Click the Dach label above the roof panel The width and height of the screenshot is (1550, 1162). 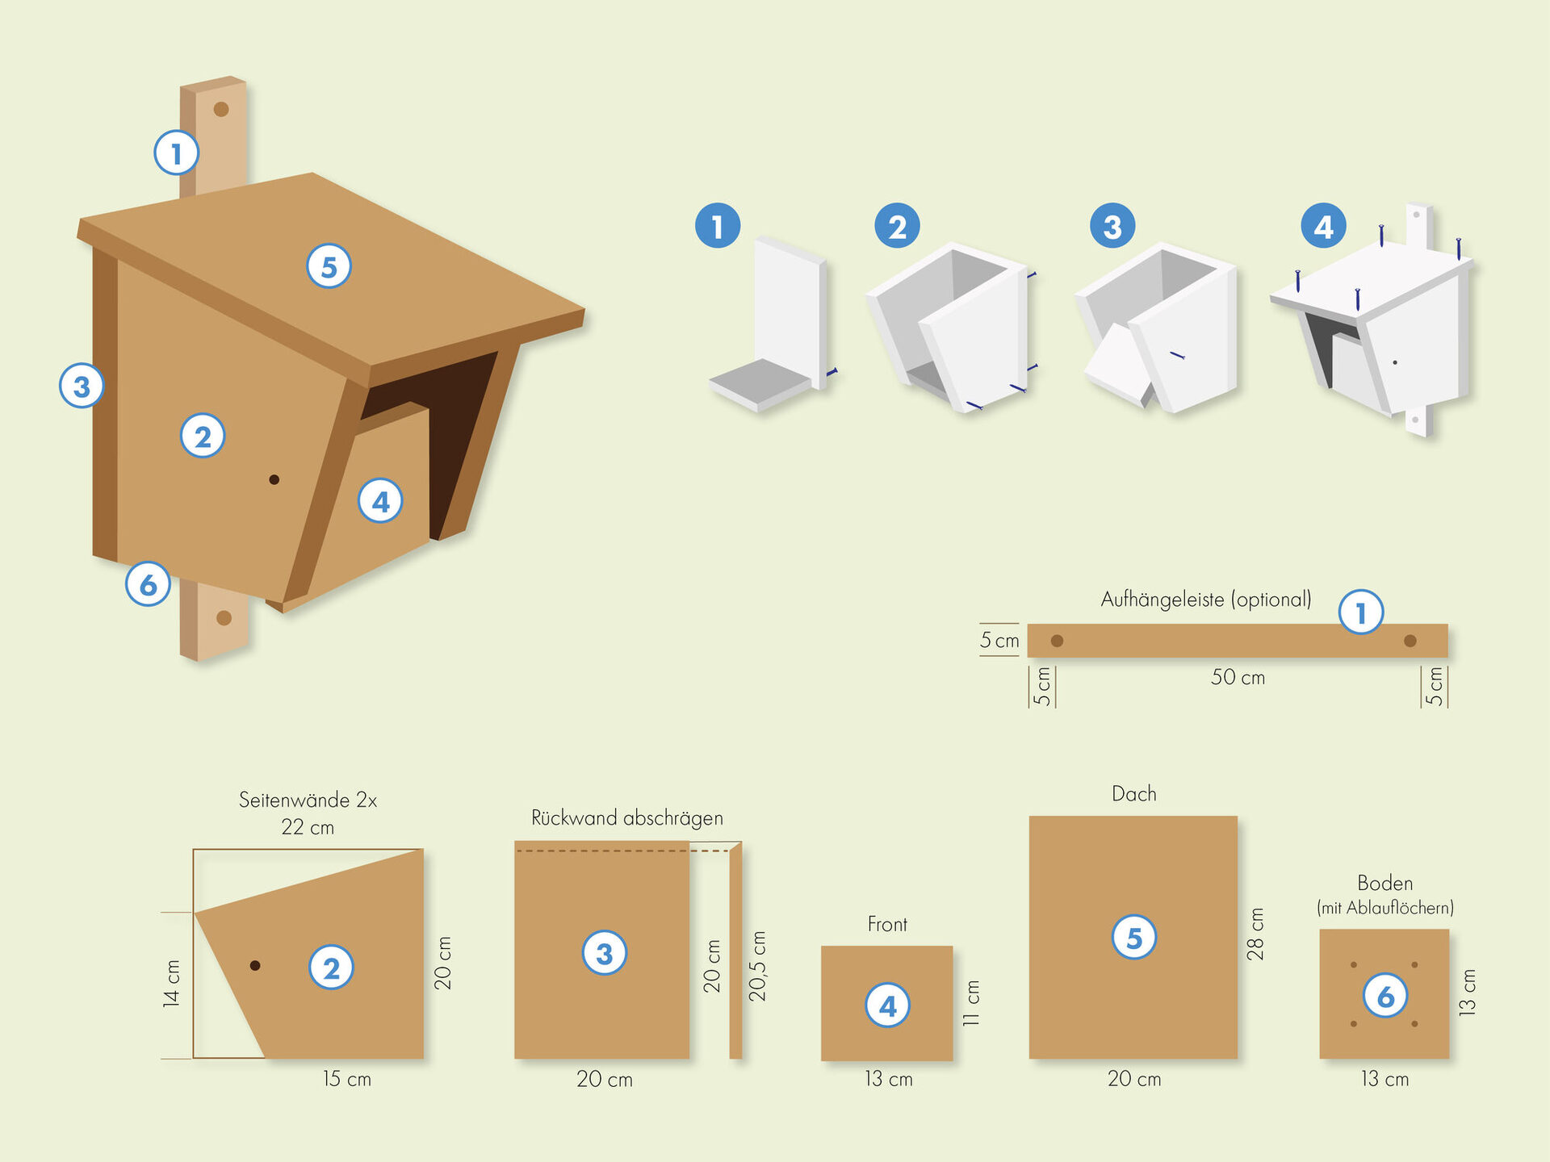click(x=1133, y=794)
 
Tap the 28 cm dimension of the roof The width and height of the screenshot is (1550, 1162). click(x=1255, y=934)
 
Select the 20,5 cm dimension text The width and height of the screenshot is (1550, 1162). click(x=757, y=966)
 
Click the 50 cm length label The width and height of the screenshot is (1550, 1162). click(x=1238, y=677)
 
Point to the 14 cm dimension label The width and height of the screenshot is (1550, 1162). click(x=171, y=984)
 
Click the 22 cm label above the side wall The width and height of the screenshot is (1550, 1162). click(x=308, y=827)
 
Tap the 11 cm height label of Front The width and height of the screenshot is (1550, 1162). click(x=971, y=1003)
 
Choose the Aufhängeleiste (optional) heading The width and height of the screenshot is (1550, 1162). click(x=1205, y=600)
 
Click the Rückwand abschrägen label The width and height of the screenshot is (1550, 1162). click(x=626, y=818)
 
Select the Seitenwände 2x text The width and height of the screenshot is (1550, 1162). click(x=308, y=800)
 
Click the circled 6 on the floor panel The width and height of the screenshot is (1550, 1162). click(x=1385, y=996)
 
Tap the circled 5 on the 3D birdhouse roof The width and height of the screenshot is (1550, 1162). click(x=329, y=266)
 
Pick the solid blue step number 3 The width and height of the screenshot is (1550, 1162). click(x=1112, y=226)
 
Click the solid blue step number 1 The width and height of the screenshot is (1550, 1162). click(x=718, y=226)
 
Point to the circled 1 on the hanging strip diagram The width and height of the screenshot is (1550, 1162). click(x=1361, y=612)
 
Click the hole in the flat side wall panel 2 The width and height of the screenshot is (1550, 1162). click(x=255, y=965)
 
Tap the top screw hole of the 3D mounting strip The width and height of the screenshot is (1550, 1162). click(x=220, y=109)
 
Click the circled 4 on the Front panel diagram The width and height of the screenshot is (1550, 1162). click(x=887, y=1005)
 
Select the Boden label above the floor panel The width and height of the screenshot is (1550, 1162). click(x=1385, y=883)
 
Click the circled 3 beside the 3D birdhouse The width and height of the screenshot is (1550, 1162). click(x=82, y=386)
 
